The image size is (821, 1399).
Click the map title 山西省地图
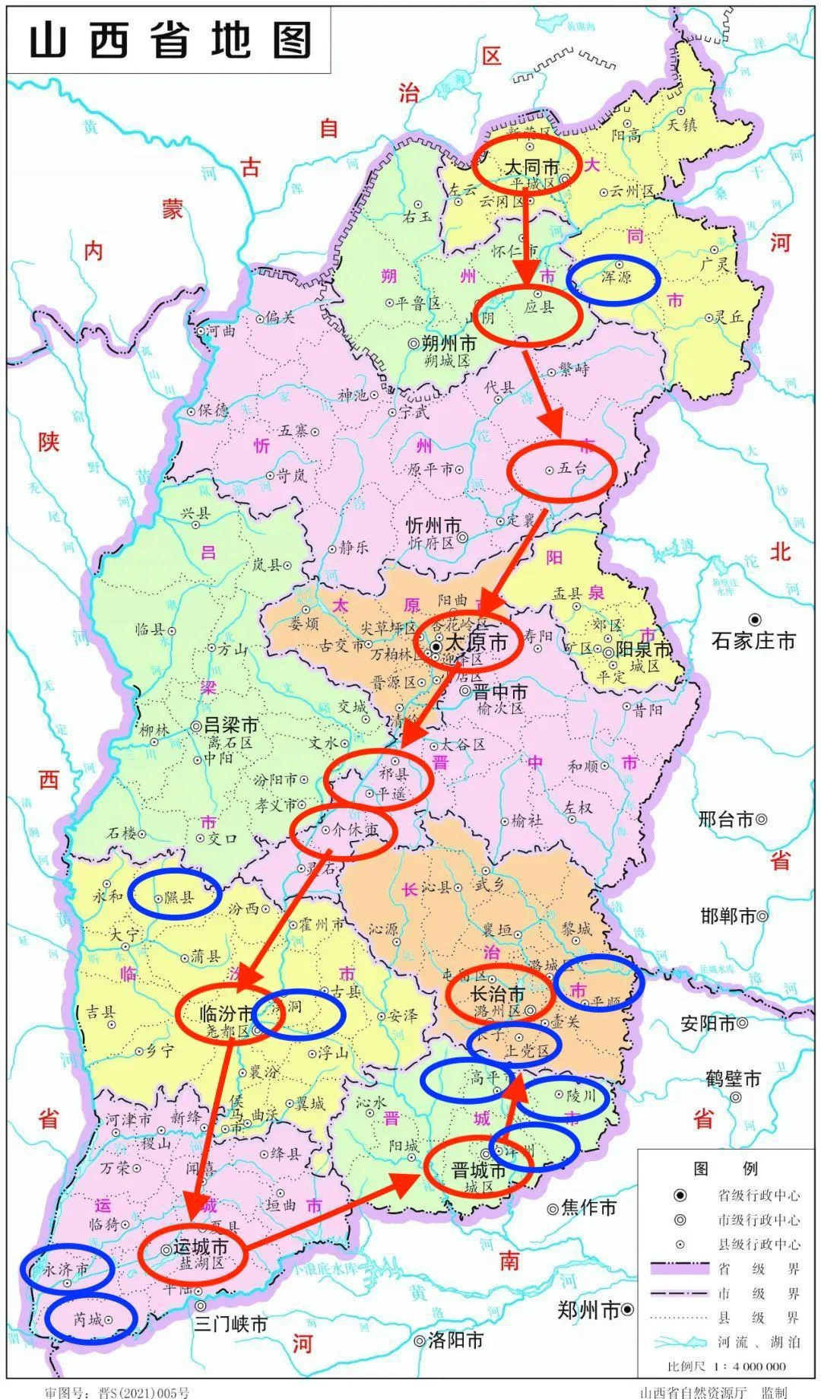click(169, 40)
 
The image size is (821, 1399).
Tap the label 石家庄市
click(753, 640)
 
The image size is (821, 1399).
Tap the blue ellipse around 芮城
click(90, 1320)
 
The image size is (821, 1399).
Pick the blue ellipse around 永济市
click(67, 1269)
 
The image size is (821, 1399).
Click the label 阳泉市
click(643, 649)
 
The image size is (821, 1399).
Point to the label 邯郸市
click(727, 916)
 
